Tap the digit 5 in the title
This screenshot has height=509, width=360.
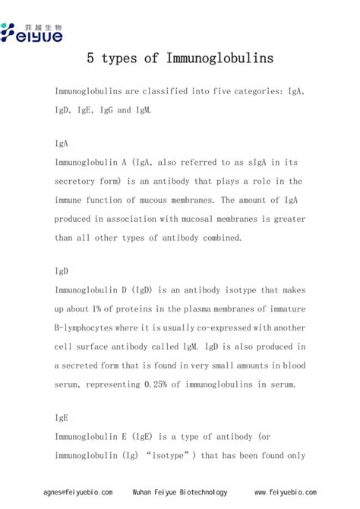[x=90, y=58]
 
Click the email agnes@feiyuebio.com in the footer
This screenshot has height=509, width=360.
[x=78, y=492]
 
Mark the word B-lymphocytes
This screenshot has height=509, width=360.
[x=87, y=328]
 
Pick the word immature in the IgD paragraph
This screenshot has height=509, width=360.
[x=283, y=309]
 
